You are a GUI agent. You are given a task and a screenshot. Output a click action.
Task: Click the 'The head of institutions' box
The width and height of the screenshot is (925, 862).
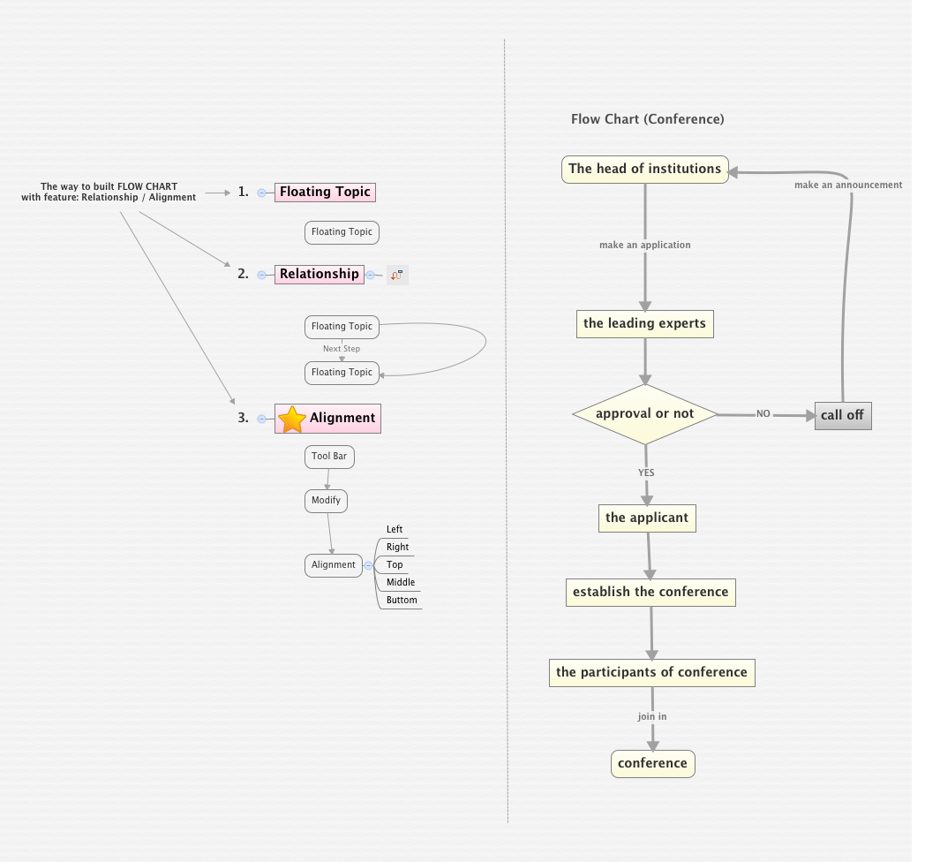click(645, 169)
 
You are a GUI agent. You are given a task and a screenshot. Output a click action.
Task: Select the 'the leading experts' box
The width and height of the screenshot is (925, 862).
click(644, 323)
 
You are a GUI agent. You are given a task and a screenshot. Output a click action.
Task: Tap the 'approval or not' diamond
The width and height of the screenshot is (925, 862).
click(645, 413)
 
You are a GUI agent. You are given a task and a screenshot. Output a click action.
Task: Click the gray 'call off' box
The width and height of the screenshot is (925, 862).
click(842, 415)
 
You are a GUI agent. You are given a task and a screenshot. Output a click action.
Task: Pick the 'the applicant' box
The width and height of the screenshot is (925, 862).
click(647, 518)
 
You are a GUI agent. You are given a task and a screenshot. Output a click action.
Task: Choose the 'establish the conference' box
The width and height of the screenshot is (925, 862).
click(651, 592)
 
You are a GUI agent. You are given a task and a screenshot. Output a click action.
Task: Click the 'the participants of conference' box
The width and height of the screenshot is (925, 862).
click(651, 672)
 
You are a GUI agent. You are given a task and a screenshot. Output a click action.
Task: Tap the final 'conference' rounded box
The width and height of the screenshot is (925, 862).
click(652, 763)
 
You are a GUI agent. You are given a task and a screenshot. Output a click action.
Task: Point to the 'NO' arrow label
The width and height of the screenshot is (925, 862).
click(763, 413)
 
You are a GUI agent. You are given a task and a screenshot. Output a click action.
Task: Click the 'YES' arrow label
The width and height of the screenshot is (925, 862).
click(646, 473)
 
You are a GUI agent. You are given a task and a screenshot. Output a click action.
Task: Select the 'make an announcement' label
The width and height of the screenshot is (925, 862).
click(848, 185)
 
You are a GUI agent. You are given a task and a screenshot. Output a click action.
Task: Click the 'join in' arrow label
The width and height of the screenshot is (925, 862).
click(652, 716)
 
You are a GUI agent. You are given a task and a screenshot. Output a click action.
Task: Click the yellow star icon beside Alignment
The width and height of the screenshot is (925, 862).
click(291, 419)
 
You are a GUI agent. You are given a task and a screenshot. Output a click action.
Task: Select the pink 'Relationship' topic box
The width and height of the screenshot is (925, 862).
click(320, 274)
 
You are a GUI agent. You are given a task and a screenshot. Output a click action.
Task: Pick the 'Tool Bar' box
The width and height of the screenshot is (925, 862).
click(329, 457)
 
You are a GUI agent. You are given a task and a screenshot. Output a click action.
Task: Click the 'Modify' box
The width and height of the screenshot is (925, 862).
click(326, 500)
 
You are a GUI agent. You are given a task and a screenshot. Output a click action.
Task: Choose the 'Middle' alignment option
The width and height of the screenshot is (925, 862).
click(401, 582)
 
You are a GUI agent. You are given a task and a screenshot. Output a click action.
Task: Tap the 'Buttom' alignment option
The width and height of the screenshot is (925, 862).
click(402, 600)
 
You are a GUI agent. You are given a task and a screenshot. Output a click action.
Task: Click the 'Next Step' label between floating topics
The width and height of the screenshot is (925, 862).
click(342, 349)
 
